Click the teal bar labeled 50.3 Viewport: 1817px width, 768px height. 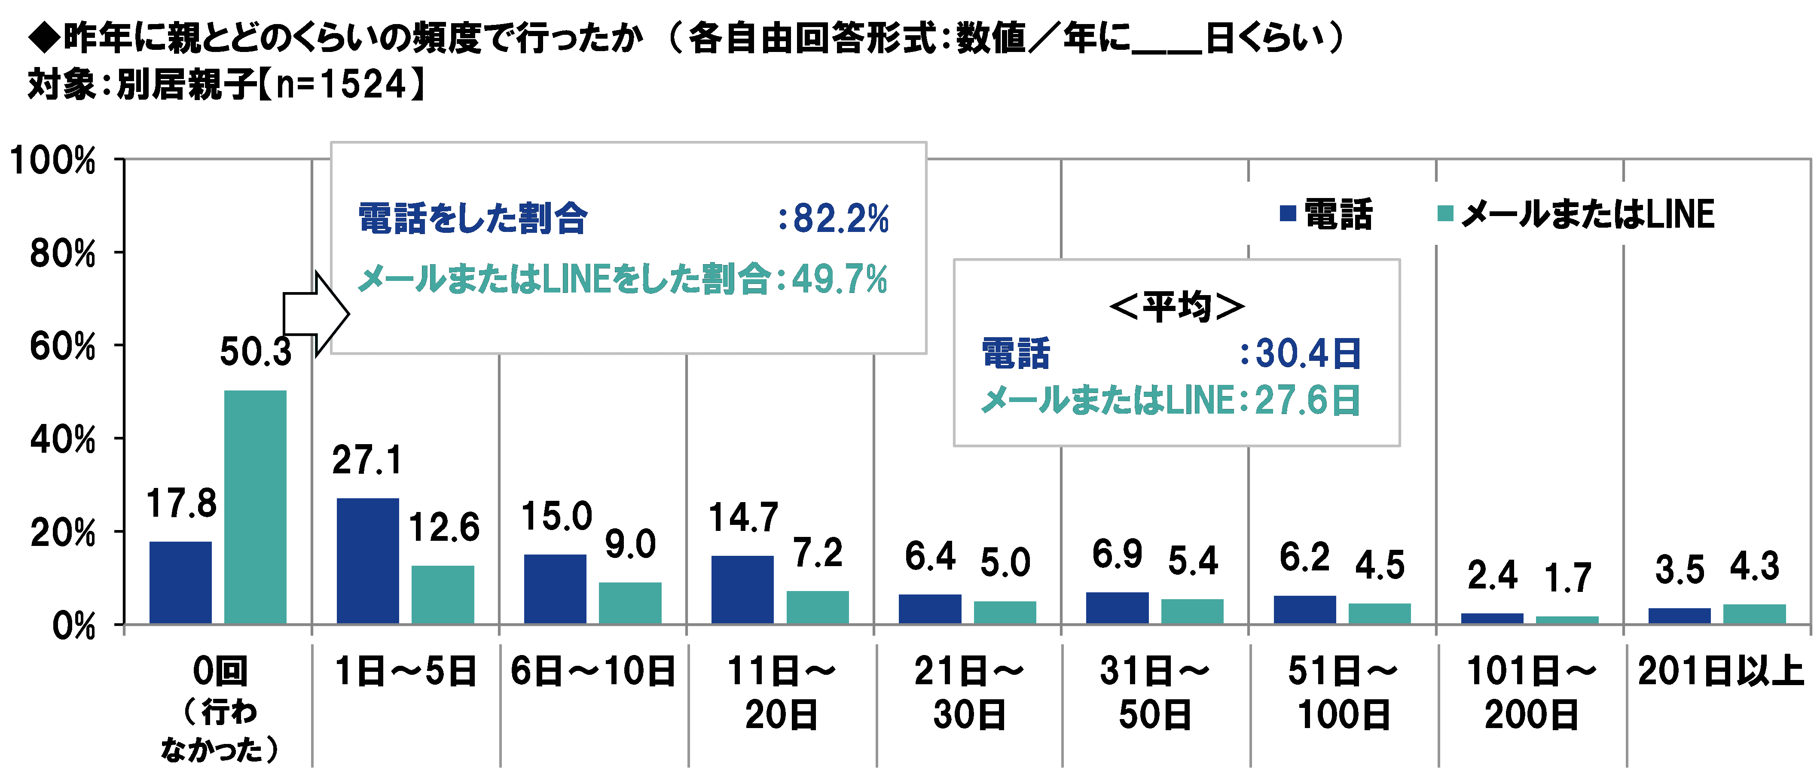click(255, 506)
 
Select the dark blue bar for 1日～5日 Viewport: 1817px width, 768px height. click(367, 561)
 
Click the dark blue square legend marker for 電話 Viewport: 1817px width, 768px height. click(1288, 213)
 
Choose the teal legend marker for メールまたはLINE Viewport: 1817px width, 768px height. click(1445, 213)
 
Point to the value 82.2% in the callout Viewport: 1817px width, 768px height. click(841, 219)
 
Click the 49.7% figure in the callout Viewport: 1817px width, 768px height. click(840, 279)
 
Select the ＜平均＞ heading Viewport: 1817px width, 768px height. click(1176, 307)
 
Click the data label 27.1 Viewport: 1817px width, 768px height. click(367, 460)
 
